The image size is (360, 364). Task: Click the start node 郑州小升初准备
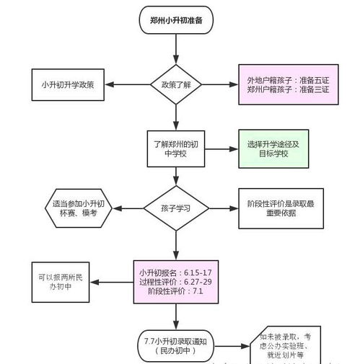[x=175, y=21]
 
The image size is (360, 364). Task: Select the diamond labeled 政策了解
[x=175, y=84]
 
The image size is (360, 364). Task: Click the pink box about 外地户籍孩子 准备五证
[x=287, y=84]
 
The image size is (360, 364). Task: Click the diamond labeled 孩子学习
[x=175, y=209]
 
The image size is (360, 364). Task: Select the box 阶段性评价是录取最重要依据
[x=281, y=209]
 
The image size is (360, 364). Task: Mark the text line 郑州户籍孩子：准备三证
[x=287, y=90]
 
